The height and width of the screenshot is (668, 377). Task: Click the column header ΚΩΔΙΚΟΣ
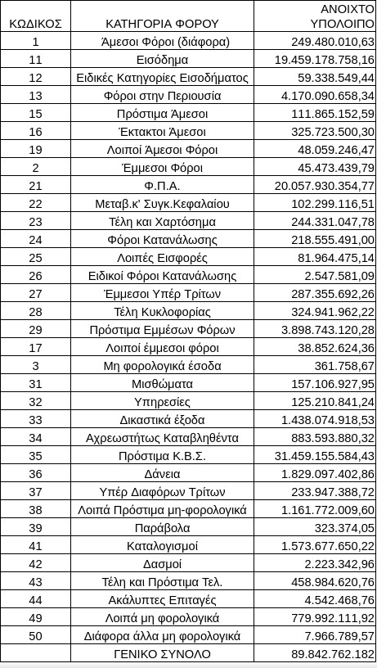tap(35, 23)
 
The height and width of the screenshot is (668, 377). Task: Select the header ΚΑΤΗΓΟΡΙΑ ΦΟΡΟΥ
tap(162, 23)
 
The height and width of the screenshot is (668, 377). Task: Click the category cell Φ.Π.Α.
tap(162, 186)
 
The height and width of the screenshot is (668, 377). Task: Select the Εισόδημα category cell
tap(162, 60)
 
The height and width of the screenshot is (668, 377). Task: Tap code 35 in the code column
tap(35, 455)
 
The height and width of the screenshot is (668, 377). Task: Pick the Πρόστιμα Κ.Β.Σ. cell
tap(162, 455)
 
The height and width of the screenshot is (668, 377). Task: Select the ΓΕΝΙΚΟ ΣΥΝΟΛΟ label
tap(162, 654)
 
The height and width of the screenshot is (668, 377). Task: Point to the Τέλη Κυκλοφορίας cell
tap(162, 312)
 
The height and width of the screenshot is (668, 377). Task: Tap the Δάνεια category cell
tap(162, 474)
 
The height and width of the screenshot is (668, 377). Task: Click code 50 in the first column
tap(35, 635)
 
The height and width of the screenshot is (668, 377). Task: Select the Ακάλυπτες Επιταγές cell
tap(162, 600)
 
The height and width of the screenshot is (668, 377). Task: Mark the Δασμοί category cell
tap(162, 564)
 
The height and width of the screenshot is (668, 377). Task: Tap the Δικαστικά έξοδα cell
tap(162, 420)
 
